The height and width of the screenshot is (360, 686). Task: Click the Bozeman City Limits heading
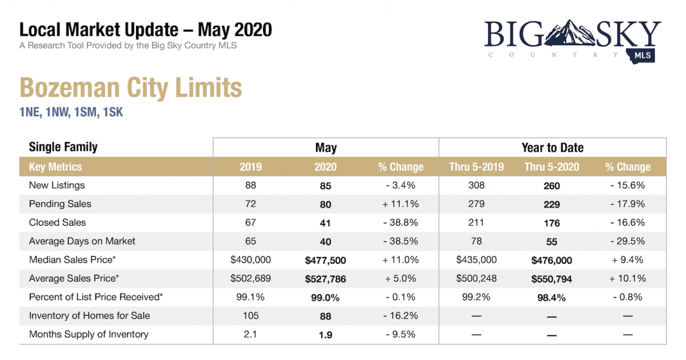coord(131,88)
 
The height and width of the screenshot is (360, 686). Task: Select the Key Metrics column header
coord(55,167)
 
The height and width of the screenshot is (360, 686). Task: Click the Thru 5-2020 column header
coord(551,167)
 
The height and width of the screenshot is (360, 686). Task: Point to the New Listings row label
coord(57,185)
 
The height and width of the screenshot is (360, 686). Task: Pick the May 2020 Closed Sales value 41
coord(326,223)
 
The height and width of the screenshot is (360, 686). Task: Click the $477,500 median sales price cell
coord(326,260)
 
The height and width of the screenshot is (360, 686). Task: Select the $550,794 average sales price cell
coord(551,279)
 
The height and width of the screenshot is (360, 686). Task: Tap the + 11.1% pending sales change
coord(400,204)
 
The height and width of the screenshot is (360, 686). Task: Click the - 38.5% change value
coord(400,241)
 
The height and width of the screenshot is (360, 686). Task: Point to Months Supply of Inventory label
coord(88,334)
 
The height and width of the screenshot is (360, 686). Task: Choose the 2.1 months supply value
coord(250,334)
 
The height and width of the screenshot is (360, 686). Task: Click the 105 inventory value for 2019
coord(250,315)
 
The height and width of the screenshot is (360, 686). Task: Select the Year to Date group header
coord(552,147)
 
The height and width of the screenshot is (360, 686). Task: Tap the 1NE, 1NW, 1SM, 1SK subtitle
coord(71,112)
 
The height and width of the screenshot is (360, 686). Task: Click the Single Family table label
coord(63,147)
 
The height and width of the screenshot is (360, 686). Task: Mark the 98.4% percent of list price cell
coord(551,297)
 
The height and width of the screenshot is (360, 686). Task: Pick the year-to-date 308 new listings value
coord(476,185)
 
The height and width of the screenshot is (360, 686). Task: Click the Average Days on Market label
coord(82,241)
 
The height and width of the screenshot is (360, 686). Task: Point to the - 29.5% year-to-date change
coord(628,241)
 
